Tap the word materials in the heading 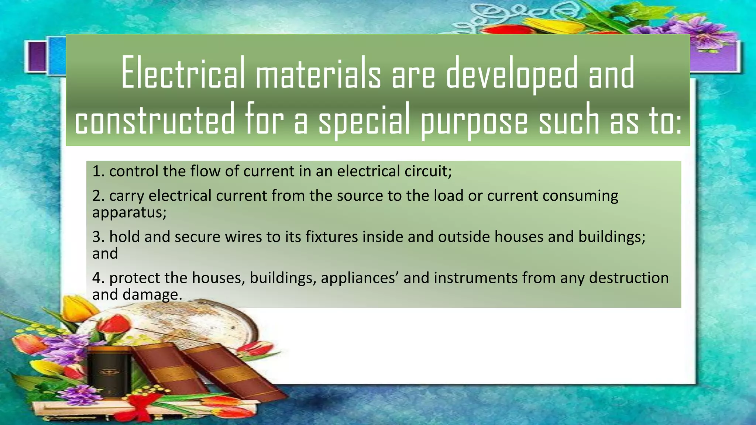318,73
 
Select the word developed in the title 512,73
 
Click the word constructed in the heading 155,119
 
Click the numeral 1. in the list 99,172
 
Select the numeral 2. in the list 99,196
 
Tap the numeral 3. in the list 99,237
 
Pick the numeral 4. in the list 99,278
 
